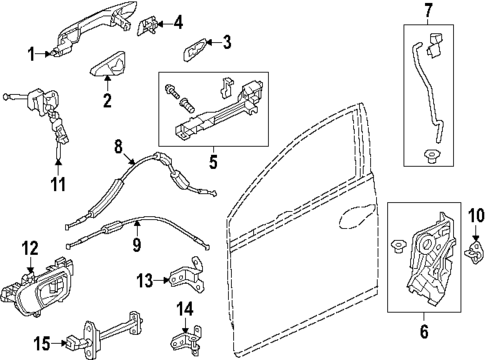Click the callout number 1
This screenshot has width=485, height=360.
coord(31,53)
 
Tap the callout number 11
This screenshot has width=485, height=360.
coord(58,184)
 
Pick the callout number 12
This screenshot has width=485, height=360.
coord(30,248)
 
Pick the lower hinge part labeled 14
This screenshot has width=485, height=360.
coord(187,338)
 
